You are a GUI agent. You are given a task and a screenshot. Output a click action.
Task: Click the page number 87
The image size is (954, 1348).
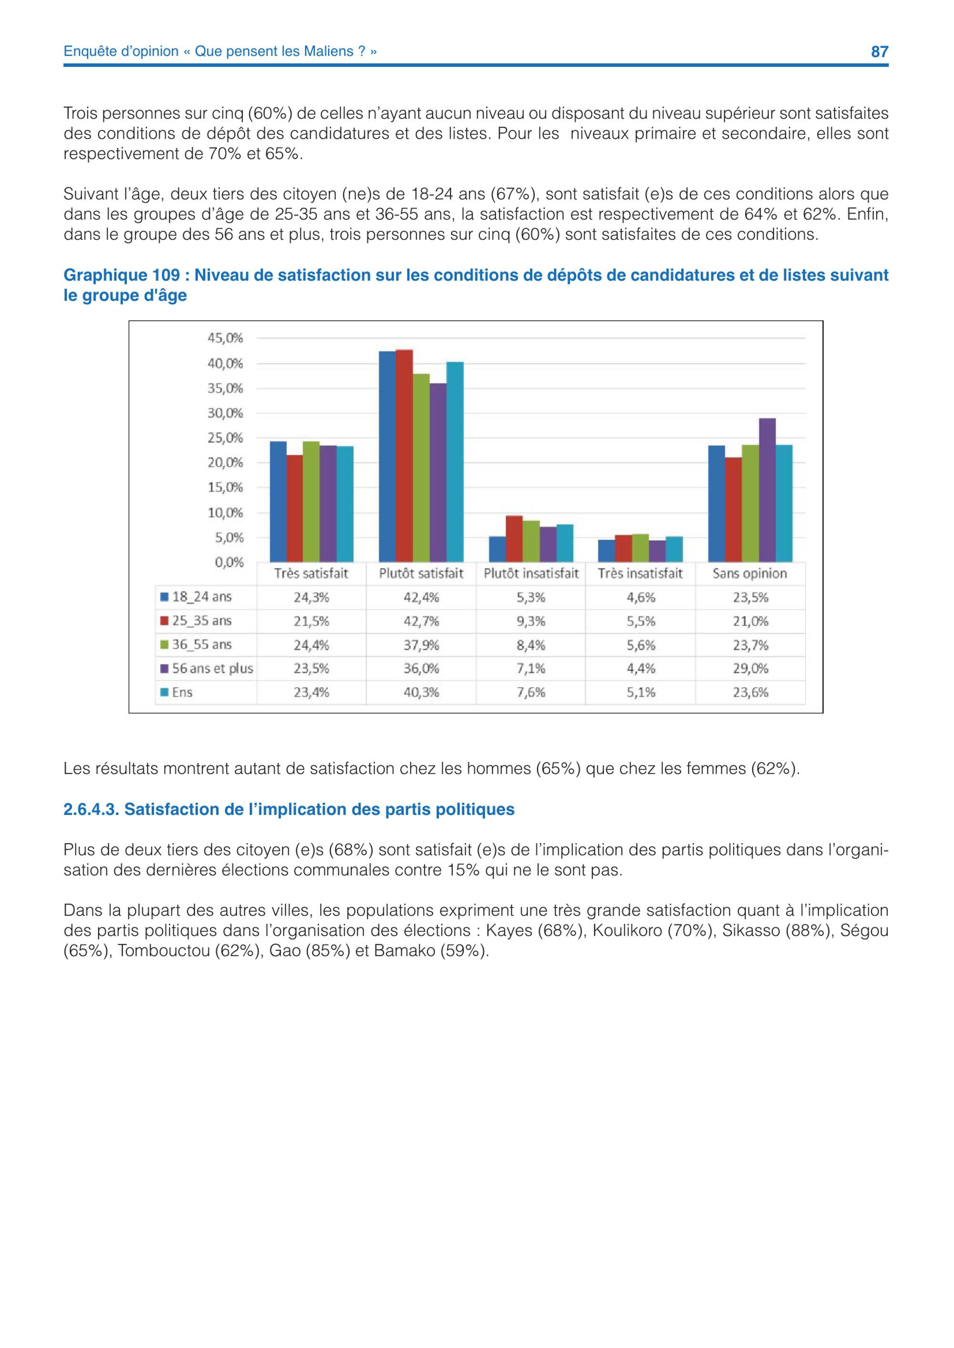(x=880, y=51)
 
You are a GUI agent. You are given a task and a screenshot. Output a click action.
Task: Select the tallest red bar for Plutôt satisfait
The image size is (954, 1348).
(x=404, y=456)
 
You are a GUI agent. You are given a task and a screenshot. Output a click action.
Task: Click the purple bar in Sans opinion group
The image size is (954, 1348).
(x=767, y=490)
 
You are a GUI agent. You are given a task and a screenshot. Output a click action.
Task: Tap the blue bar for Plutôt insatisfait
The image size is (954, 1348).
(x=498, y=549)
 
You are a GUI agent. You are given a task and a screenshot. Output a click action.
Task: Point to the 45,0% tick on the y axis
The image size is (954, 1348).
(x=225, y=338)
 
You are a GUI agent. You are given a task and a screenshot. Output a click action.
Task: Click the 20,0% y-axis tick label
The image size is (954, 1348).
(x=225, y=463)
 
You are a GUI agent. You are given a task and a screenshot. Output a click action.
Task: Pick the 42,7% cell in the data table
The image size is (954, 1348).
(x=421, y=621)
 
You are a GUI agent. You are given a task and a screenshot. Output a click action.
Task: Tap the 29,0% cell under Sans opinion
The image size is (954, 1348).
(x=750, y=668)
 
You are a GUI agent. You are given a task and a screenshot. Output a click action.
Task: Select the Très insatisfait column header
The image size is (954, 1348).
(x=640, y=573)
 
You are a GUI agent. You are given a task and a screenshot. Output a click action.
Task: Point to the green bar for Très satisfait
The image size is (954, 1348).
(x=311, y=501)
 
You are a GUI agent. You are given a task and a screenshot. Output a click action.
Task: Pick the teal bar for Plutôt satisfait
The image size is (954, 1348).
(x=455, y=462)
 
